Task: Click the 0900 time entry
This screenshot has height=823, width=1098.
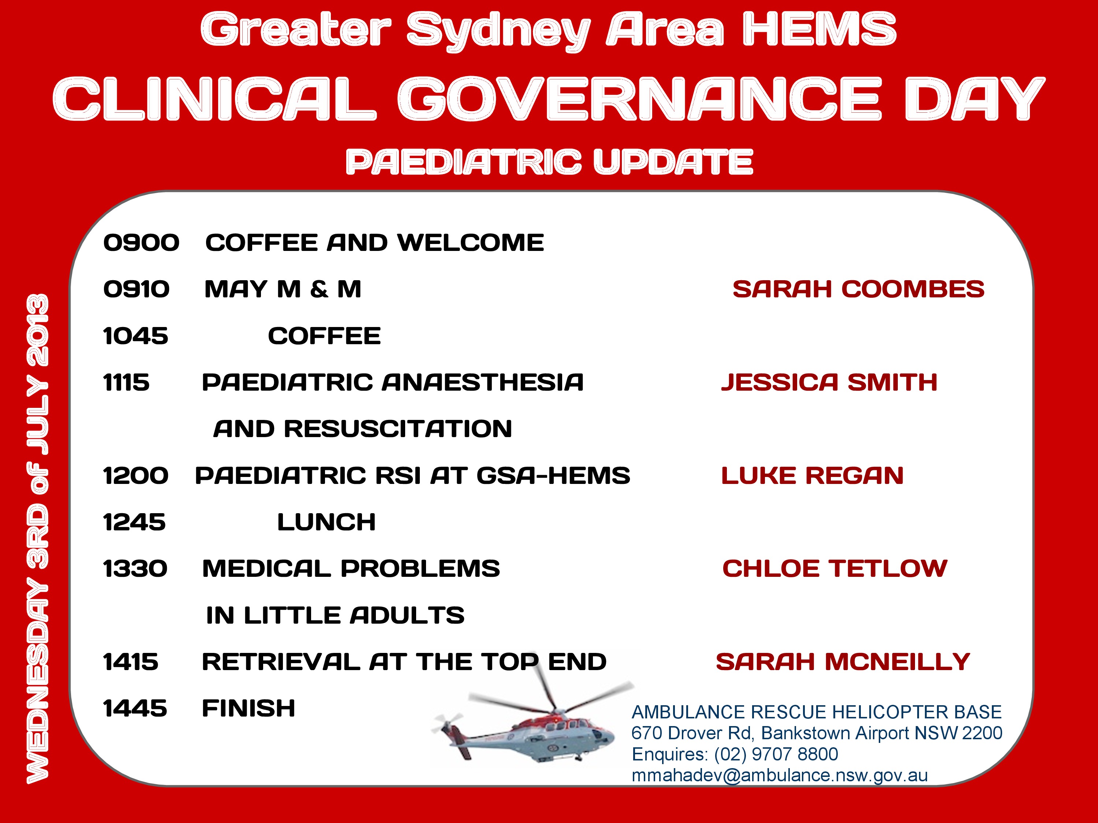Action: click(x=142, y=243)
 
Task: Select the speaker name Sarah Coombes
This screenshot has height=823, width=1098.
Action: click(x=858, y=289)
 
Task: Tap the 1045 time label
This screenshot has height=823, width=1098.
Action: click(x=135, y=336)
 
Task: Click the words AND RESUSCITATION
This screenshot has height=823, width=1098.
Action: click(x=362, y=429)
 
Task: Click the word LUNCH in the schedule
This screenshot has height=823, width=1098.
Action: click(x=326, y=522)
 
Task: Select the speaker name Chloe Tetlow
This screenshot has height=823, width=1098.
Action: click(x=834, y=568)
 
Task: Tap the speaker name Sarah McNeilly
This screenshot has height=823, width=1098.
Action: click(x=843, y=662)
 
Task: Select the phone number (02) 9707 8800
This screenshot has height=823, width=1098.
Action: click(x=776, y=754)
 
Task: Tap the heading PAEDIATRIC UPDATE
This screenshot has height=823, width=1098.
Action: click(x=549, y=162)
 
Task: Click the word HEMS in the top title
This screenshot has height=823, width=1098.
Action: click(x=819, y=30)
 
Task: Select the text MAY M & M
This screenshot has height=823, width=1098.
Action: click(x=283, y=289)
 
